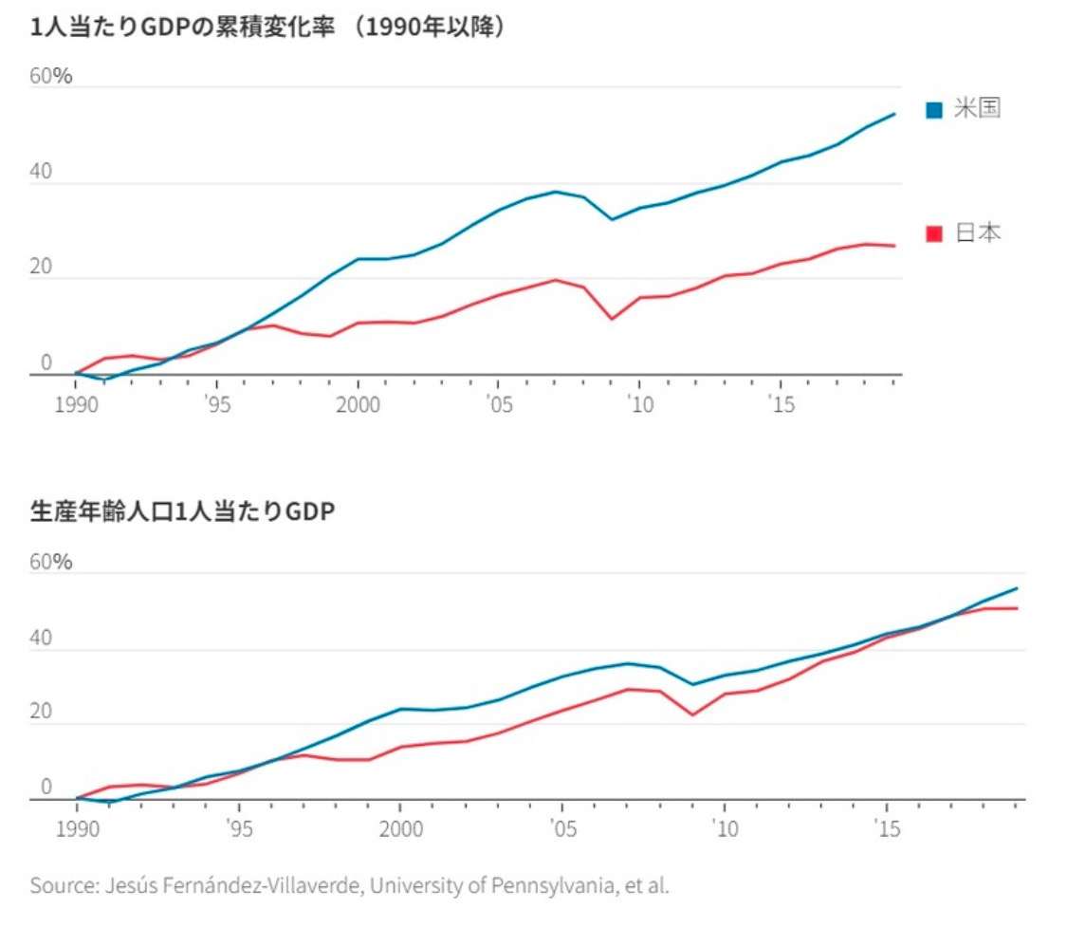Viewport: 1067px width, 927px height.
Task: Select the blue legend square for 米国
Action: point(934,110)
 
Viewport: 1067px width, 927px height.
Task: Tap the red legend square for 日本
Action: point(934,233)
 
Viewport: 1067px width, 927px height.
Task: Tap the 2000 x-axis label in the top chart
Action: point(358,405)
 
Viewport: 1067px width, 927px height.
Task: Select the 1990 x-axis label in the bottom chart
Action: point(76,829)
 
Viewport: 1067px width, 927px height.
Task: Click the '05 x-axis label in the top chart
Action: point(498,405)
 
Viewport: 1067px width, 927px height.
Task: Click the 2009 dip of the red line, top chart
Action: point(612,318)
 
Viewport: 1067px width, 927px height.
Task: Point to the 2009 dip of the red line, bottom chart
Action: point(693,714)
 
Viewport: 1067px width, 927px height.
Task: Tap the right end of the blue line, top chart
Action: point(893,114)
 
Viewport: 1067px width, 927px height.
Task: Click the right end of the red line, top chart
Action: point(893,246)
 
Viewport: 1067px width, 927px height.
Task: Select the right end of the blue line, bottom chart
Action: point(1017,588)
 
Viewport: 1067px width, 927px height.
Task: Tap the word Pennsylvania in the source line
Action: point(542,887)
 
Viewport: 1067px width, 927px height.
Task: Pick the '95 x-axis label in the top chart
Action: point(216,405)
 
